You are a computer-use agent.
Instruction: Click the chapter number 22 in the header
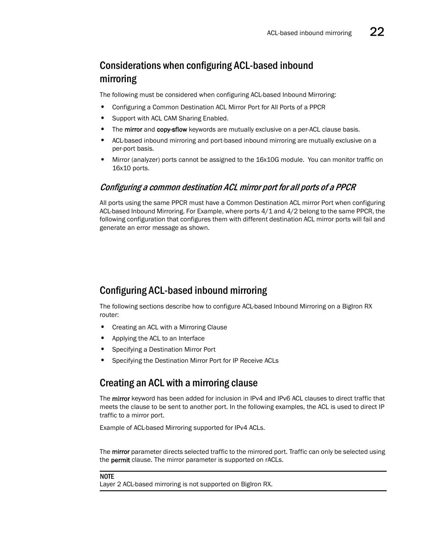(x=376, y=32)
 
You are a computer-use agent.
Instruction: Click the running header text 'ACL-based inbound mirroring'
(x=309, y=33)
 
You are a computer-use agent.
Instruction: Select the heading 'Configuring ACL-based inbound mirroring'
(x=183, y=290)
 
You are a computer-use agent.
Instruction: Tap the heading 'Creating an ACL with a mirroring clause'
(x=178, y=383)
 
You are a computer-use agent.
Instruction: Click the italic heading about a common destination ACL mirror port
(x=227, y=187)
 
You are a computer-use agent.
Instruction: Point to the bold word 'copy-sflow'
(x=172, y=130)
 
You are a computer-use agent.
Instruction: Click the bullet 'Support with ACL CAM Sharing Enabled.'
(x=170, y=118)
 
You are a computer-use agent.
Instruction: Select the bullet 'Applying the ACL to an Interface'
(x=158, y=338)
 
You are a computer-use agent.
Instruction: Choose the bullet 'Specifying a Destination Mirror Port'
(x=164, y=349)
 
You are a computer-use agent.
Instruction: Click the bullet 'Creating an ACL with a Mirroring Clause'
(x=169, y=327)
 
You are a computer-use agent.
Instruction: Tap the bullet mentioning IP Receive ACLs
(x=195, y=361)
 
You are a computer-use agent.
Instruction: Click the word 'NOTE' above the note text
(x=107, y=477)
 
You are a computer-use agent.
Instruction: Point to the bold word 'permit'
(x=120, y=460)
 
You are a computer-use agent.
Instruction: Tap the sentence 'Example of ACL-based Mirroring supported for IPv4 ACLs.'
(x=182, y=428)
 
